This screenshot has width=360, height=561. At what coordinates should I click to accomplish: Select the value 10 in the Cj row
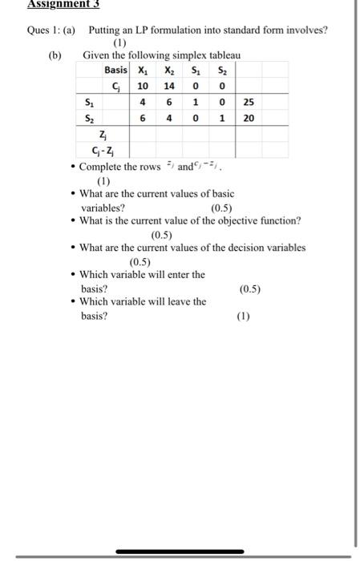point(143,85)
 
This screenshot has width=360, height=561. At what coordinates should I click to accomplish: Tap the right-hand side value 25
point(249,103)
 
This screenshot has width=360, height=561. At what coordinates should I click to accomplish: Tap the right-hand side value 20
point(249,118)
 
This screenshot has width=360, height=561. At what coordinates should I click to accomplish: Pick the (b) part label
point(55,55)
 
